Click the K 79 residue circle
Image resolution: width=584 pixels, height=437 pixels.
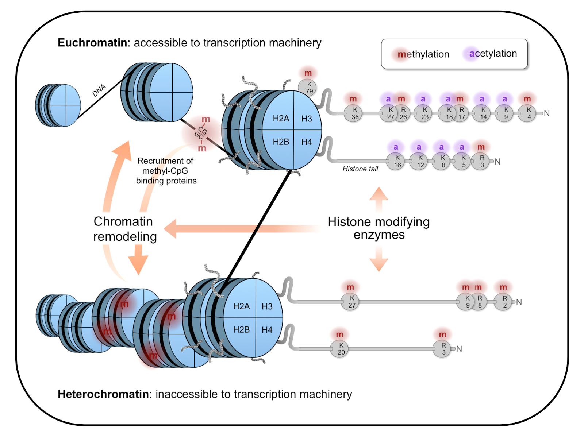pyautogui.click(x=307, y=88)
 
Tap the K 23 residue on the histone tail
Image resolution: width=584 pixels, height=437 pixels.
pyautogui.click(x=423, y=113)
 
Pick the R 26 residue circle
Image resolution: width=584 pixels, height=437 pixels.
pyautogui.click(x=403, y=113)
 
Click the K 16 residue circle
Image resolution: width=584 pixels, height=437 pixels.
pyautogui.click(x=396, y=161)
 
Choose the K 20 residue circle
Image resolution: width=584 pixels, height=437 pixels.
pyautogui.click(x=340, y=349)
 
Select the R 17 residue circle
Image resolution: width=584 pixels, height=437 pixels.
pyautogui.click(x=461, y=113)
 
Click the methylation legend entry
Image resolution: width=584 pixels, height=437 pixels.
pyautogui.click(x=423, y=54)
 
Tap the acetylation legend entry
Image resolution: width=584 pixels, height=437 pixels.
pyautogui.click(x=493, y=54)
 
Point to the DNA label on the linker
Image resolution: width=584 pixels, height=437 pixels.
pyautogui.click(x=99, y=90)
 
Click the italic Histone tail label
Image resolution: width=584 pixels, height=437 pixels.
pyautogui.click(x=360, y=169)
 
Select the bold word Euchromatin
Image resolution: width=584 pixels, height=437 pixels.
pyautogui.click(x=92, y=43)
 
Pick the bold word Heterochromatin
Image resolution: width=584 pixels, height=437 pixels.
pyautogui.click(x=103, y=394)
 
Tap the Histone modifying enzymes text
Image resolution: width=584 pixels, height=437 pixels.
pyautogui.click(x=379, y=228)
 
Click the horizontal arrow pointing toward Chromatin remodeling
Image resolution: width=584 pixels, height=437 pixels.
pyautogui.click(x=241, y=229)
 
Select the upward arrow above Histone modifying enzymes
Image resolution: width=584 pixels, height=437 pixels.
pyautogui.click(x=379, y=199)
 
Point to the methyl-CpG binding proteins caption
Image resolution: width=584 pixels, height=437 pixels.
pyautogui.click(x=166, y=171)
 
